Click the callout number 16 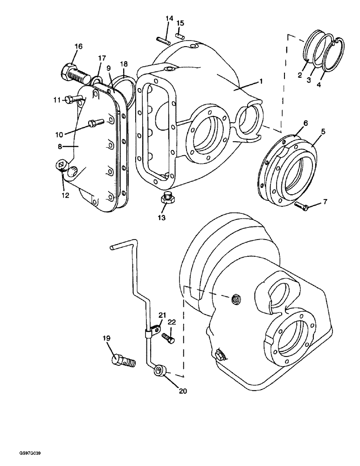(x=78, y=46)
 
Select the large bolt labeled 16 (x=73, y=72)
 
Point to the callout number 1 (x=261, y=81)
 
